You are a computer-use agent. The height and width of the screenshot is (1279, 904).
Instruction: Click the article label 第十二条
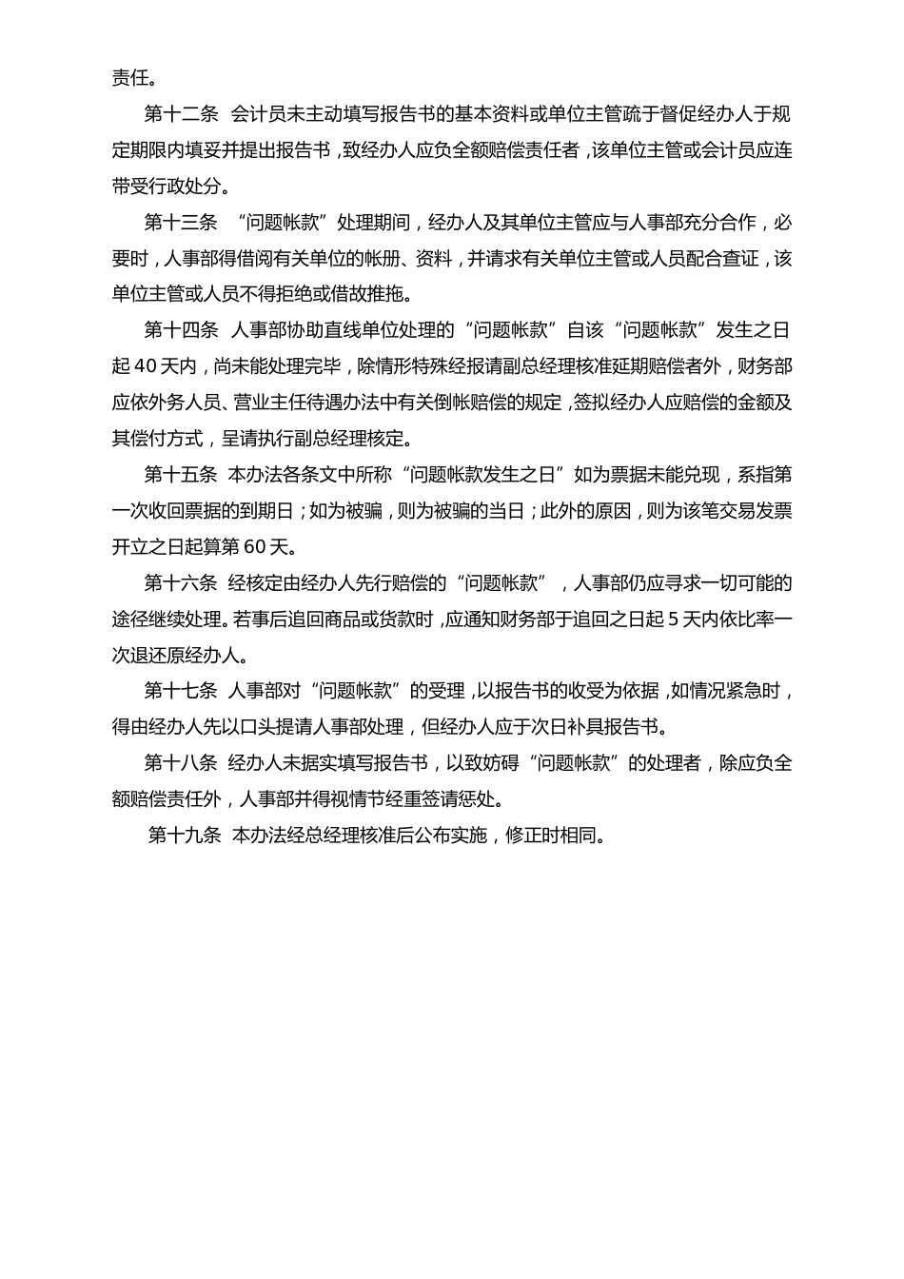coord(181,115)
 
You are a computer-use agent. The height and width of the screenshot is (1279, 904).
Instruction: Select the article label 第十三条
coord(181,223)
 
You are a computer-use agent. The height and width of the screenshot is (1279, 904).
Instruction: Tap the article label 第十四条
coord(181,330)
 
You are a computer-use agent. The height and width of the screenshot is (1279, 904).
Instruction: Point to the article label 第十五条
coord(181,475)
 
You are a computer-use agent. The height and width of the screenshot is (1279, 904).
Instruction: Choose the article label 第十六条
coord(181,583)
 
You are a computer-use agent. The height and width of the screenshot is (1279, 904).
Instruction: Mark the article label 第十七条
coord(181,691)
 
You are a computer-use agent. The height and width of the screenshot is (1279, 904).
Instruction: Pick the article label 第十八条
coord(181,763)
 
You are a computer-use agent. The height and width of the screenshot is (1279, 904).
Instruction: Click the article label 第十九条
coord(186,836)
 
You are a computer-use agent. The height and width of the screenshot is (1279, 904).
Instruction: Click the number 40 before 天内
coord(146,366)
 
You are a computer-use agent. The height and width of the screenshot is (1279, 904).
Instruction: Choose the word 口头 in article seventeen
coord(279,727)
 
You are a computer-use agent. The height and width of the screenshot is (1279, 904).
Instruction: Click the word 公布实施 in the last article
coord(448,836)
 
